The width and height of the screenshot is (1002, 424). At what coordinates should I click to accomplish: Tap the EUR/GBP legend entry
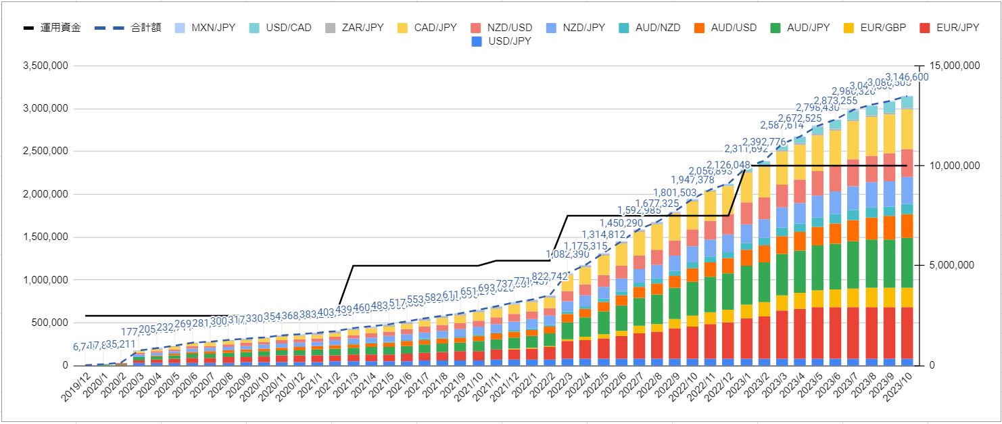tap(882, 28)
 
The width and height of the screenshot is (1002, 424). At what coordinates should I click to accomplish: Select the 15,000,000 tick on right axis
tap(951, 66)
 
